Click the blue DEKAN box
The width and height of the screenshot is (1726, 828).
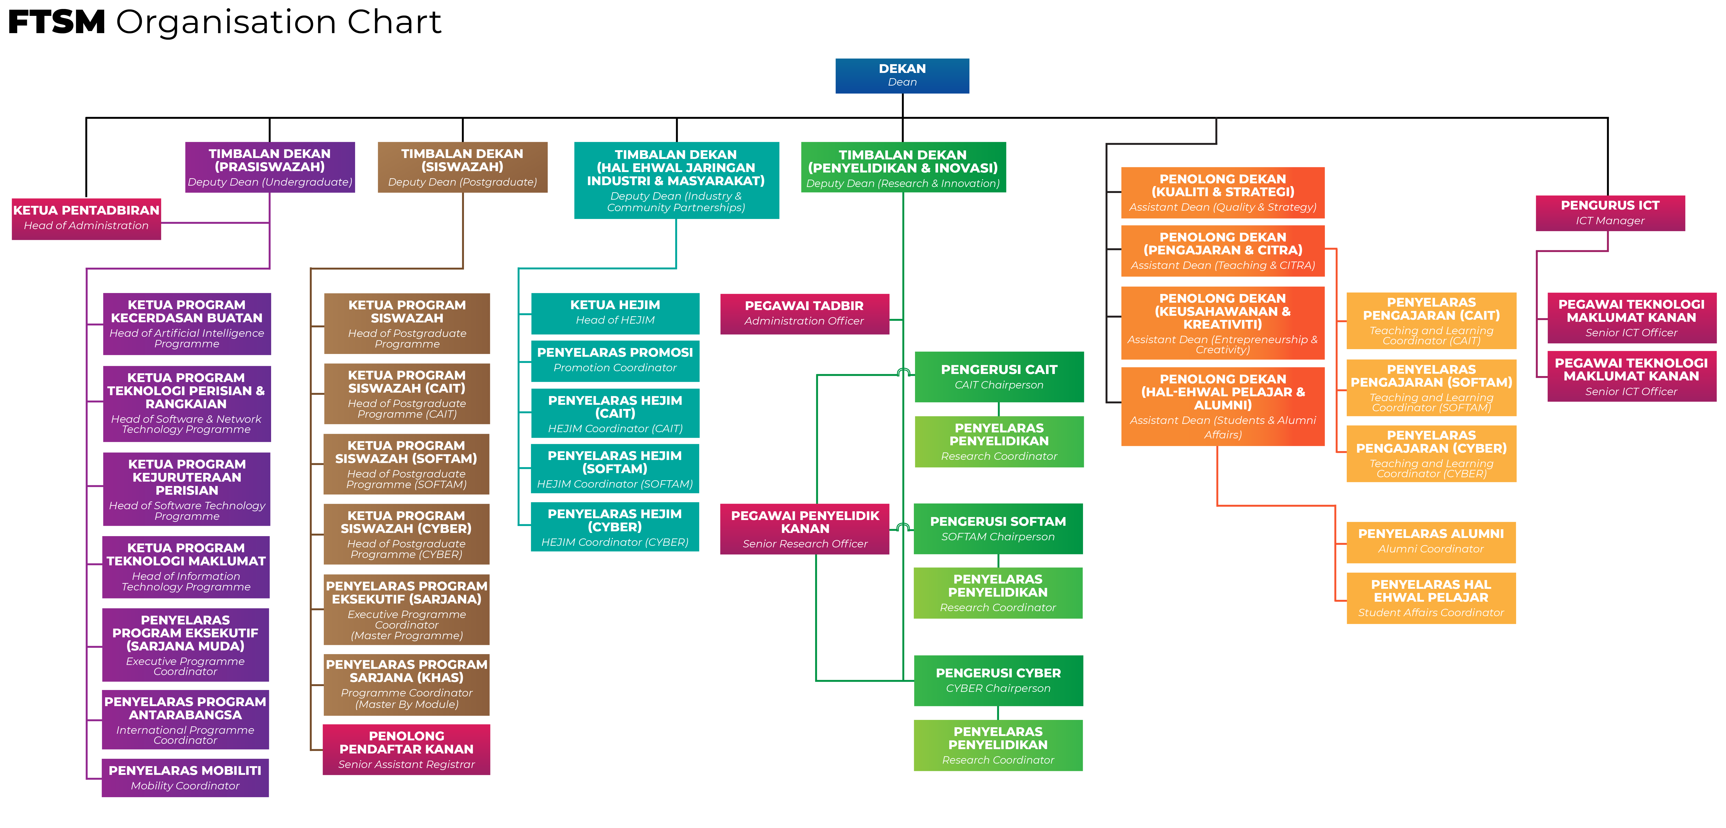point(902,76)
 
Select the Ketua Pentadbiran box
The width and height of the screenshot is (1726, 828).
point(87,218)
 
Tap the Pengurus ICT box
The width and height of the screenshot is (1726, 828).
point(1610,213)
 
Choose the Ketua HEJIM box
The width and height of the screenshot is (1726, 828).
point(615,313)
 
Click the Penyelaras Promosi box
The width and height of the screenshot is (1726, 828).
point(615,360)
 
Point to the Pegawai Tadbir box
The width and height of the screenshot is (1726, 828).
point(805,313)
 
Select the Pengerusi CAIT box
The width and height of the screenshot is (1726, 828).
point(999,377)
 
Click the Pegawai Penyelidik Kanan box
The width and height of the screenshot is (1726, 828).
point(805,529)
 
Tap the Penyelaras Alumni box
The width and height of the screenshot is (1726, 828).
point(1431,542)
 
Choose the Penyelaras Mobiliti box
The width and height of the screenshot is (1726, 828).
point(185,778)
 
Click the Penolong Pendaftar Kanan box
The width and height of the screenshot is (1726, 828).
point(406,750)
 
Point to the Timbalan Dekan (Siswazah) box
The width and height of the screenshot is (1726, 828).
point(462,167)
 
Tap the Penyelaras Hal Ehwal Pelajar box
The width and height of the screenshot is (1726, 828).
point(1431,598)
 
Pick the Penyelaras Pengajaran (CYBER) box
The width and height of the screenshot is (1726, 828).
point(1431,454)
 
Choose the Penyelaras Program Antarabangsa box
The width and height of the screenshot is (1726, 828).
point(185,719)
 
